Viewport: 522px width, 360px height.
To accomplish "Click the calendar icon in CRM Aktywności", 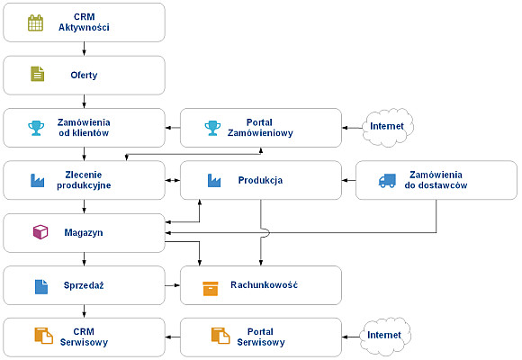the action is [x=35, y=22].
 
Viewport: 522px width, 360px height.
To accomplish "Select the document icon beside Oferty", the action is [x=37, y=74].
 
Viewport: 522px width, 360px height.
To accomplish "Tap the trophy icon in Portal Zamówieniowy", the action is [x=212, y=128].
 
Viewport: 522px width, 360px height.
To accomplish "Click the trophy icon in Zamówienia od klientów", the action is [x=36, y=128].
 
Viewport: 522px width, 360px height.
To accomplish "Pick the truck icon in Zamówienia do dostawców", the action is [x=387, y=181].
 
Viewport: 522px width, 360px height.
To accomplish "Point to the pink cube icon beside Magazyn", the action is [x=40, y=232].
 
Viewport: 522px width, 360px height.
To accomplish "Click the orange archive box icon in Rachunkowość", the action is [x=211, y=289].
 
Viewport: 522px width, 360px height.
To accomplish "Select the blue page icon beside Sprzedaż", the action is [x=41, y=287].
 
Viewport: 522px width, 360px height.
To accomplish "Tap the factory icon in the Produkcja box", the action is [x=214, y=181].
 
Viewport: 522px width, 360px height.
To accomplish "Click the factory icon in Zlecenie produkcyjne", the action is [x=37, y=181].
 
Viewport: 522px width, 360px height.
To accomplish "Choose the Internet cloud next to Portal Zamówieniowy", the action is [x=388, y=127].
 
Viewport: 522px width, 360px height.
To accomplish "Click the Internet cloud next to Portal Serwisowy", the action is [x=385, y=336].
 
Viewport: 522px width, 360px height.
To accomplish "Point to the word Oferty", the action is [x=84, y=76].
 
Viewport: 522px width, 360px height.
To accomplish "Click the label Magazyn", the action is [x=84, y=232].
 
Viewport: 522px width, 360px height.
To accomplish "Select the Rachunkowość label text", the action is [x=264, y=284].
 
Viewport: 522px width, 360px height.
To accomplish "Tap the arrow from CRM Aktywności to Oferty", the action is [x=84, y=49].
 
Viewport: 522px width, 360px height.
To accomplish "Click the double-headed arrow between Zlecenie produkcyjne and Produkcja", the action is [x=173, y=180].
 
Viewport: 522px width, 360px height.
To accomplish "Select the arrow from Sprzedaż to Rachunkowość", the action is [x=173, y=285].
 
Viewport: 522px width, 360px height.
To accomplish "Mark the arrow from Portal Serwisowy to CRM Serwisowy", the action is [x=173, y=337].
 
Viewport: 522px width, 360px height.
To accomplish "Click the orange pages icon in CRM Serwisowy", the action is [x=43, y=336].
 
